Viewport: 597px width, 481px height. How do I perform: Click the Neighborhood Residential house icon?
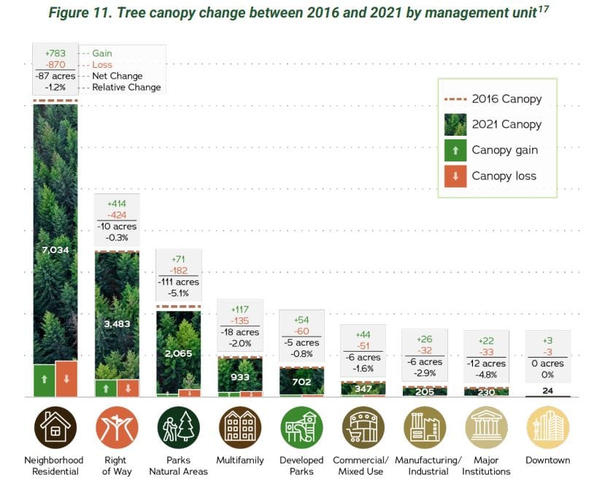[x=55, y=427]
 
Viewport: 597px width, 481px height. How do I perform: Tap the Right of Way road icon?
[x=117, y=427]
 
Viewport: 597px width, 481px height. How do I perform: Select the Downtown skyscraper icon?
[x=547, y=427]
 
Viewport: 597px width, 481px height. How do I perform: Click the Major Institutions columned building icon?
[x=486, y=427]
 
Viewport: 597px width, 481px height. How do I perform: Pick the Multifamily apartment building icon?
[x=239, y=427]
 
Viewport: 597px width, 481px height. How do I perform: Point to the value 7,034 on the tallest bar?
[x=55, y=250]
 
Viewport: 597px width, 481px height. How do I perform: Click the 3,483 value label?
[x=117, y=323]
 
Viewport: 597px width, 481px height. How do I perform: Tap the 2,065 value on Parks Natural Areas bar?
[x=178, y=353]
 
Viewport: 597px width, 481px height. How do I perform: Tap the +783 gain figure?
[x=55, y=53]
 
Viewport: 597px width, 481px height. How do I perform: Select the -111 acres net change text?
[x=178, y=282]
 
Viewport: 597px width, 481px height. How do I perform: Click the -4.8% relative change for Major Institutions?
[x=486, y=374]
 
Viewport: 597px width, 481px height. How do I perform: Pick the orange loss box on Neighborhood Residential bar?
[x=66, y=379]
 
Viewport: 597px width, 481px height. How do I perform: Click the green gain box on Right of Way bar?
[x=106, y=388]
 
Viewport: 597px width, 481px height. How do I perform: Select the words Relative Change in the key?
[x=127, y=88]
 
